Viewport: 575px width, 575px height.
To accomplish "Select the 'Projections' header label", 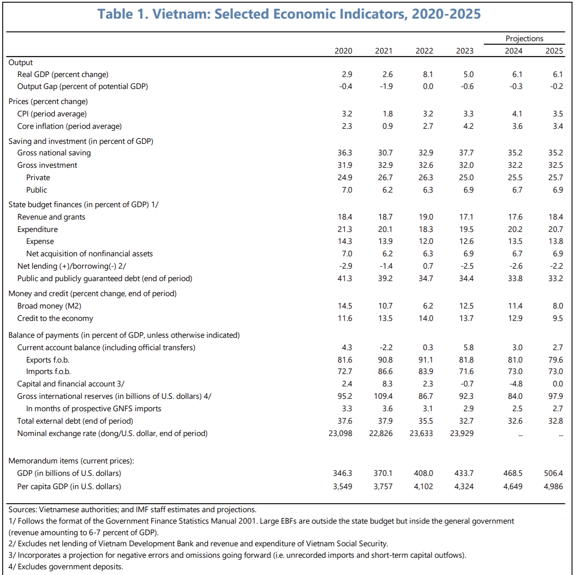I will click(x=524, y=39).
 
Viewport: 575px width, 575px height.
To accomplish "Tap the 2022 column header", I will click(x=424, y=51).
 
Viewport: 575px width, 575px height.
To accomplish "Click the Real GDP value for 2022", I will click(x=428, y=74).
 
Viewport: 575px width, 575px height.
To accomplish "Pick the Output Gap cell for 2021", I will click(x=386, y=86).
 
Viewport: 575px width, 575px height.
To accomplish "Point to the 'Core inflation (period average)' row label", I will click(x=69, y=126).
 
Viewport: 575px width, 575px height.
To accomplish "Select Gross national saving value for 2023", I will click(x=466, y=153).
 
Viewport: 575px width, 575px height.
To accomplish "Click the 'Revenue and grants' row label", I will click(x=51, y=217).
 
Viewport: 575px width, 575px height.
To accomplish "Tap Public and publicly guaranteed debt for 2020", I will click(x=345, y=278).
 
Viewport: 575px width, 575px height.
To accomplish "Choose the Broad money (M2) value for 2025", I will click(x=558, y=306).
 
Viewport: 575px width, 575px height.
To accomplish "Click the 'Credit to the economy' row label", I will click(x=55, y=318).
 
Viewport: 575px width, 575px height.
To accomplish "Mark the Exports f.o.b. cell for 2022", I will click(x=426, y=360).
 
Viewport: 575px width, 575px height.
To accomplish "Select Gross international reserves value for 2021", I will click(x=383, y=396).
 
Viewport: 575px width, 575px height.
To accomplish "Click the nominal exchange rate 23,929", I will click(x=462, y=433).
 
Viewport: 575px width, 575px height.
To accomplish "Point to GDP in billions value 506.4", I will click(x=553, y=473).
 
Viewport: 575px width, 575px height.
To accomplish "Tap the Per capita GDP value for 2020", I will click(x=343, y=486).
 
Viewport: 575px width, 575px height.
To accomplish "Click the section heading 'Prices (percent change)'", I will click(x=48, y=101).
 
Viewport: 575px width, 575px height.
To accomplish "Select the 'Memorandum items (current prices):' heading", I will click(x=71, y=461).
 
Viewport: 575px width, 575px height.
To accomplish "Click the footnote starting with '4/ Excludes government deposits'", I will click(x=66, y=567).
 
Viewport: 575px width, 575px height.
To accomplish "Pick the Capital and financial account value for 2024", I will click(x=516, y=384).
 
